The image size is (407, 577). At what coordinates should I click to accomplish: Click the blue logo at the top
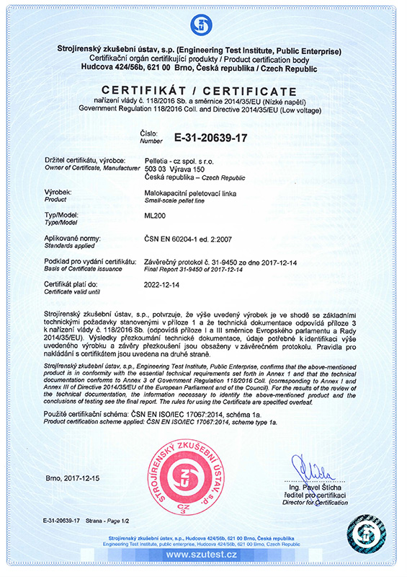[202, 25]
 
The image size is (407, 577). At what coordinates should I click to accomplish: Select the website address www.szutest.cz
[201, 554]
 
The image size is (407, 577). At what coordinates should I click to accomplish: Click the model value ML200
[156, 216]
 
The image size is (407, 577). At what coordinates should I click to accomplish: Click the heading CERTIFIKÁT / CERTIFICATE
[203, 91]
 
